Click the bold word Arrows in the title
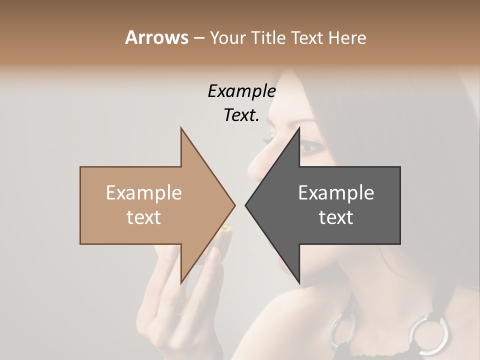pyautogui.click(x=156, y=37)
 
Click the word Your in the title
pyautogui.click(x=228, y=38)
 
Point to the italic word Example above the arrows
pyautogui.click(x=241, y=91)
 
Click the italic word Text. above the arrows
pyautogui.click(x=241, y=115)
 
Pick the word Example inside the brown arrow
pyautogui.click(x=144, y=193)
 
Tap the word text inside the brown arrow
pyautogui.click(x=144, y=217)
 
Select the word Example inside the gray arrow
pyautogui.click(x=336, y=193)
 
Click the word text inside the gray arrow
pyautogui.click(x=336, y=217)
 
